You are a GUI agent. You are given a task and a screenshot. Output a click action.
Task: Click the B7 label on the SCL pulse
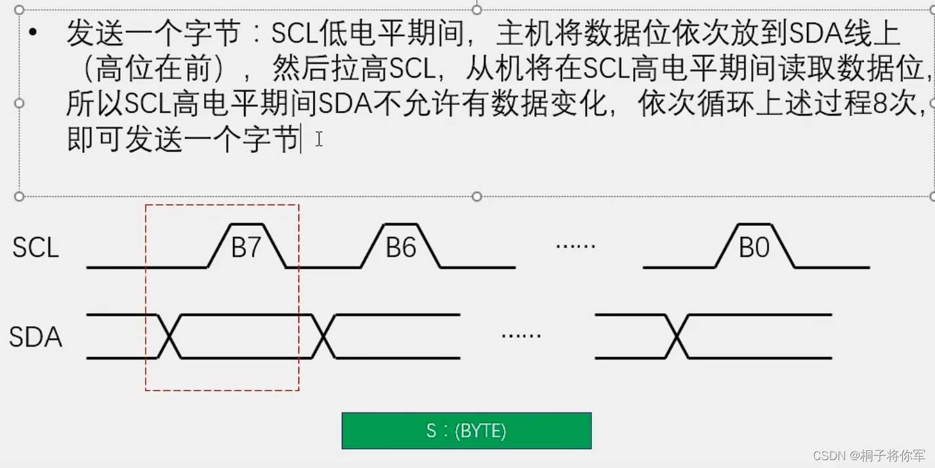[247, 248]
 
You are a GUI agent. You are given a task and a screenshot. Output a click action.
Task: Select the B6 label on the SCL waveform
[400, 248]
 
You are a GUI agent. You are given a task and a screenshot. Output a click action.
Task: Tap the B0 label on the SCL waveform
[753, 248]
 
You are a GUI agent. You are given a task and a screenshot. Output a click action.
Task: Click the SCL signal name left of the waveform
[35, 247]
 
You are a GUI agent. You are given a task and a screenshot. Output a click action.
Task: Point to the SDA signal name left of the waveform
[35, 337]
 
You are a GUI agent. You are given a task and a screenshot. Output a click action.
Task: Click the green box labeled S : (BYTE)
[467, 431]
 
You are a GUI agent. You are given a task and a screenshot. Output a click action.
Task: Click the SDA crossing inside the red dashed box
[169, 337]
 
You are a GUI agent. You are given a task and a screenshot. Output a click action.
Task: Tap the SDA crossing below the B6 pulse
[323, 337]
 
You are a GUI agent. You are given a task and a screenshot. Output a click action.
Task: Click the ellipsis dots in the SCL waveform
[575, 245]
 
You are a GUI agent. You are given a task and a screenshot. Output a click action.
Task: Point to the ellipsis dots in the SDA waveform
[521, 335]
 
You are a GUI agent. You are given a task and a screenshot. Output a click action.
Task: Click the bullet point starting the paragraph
[33, 32]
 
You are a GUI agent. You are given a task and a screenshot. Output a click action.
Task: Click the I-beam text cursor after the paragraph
[319, 139]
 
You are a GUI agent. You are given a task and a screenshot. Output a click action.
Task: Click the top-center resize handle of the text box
[477, 10]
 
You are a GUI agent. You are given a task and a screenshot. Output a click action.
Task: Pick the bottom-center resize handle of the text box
[477, 196]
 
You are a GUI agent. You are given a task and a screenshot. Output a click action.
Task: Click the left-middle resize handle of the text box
[19, 103]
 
